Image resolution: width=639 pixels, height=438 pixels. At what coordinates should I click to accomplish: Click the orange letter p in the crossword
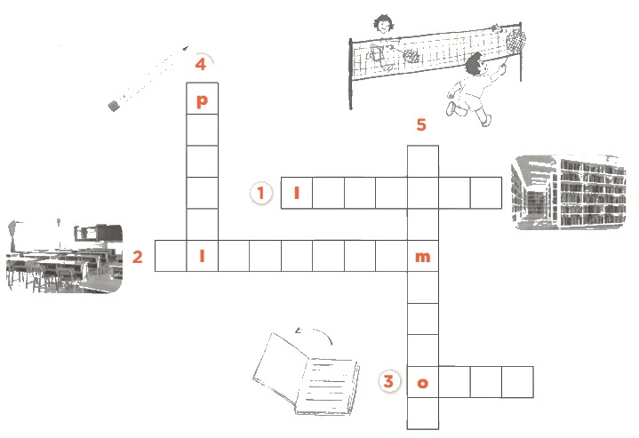tap(202, 100)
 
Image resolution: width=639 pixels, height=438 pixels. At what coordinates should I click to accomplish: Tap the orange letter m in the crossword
tap(423, 257)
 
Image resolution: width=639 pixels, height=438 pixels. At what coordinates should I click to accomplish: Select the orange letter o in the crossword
tap(423, 383)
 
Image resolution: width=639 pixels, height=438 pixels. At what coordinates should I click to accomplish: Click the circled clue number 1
tap(260, 193)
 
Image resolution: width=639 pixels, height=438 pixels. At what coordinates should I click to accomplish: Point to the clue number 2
tap(138, 257)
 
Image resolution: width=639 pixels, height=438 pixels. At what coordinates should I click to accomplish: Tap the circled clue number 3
tap(388, 381)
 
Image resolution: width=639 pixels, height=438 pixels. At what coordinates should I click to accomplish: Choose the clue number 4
tap(201, 64)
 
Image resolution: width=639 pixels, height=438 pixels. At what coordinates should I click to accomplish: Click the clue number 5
tap(421, 124)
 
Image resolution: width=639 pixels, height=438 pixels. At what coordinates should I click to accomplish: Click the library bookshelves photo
tap(568, 192)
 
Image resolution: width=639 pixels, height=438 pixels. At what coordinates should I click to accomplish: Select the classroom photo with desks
tap(64, 257)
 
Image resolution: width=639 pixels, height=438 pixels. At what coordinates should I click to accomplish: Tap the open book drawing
tap(306, 374)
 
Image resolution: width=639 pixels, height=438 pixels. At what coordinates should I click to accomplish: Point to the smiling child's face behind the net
tap(383, 25)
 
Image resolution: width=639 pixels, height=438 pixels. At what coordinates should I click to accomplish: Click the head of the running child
tap(474, 65)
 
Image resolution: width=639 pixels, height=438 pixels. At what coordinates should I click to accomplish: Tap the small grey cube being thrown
tap(114, 106)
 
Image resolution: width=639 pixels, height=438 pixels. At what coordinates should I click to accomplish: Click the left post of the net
tap(350, 74)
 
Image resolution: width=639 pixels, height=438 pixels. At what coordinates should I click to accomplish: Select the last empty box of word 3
tap(517, 382)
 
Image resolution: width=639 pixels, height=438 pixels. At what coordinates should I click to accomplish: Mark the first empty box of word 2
tap(171, 256)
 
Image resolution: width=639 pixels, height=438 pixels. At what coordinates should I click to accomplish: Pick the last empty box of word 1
tap(486, 193)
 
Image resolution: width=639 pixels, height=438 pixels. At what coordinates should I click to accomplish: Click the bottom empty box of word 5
tap(423, 413)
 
